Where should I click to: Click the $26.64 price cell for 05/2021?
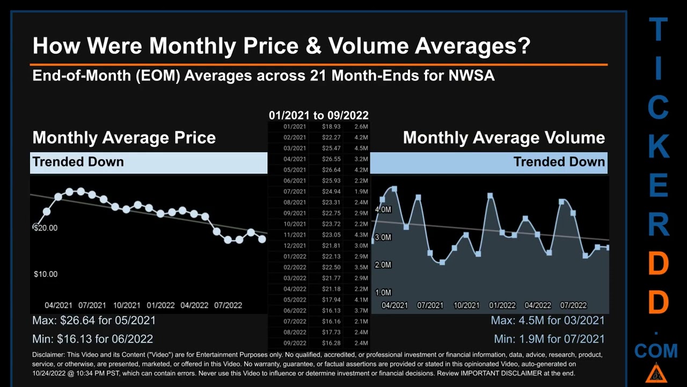pyautogui.click(x=331, y=170)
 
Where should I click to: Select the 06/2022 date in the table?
pyautogui.click(x=295, y=311)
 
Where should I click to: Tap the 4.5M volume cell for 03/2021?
pyautogui.click(x=361, y=148)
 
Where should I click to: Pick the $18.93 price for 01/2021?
pyautogui.click(x=331, y=127)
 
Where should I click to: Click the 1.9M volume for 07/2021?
pyautogui.click(x=361, y=192)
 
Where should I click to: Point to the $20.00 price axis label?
pyautogui.click(x=46, y=228)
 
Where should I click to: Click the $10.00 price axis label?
pyautogui.click(x=46, y=274)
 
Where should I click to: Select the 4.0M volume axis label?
pyautogui.click(x=383, y=210)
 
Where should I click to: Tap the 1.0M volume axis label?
pyautogui.click(x=383, y=292)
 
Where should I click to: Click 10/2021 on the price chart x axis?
pyautogui.click(x=127, y=305)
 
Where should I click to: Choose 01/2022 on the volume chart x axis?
pyautogui.click(x=502, y=305)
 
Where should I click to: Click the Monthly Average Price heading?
pyautogui.click(x=124, y=138)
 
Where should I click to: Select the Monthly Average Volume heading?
pyautogui.click(x=503, y=138)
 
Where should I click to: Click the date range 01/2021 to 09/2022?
pyautogui.click(x=318, y=115)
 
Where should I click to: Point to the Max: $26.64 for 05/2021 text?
pyautogui.click(x=94, y=320)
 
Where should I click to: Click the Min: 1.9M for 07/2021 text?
pyautogui.click(x=549, y=339)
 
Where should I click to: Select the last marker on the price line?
pyautogui.click(x=262, y=239)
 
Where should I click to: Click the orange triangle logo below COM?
pyautogui.click(x=656, y=373)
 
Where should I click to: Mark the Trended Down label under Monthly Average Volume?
pyautogui.click(x=559, y=162)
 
